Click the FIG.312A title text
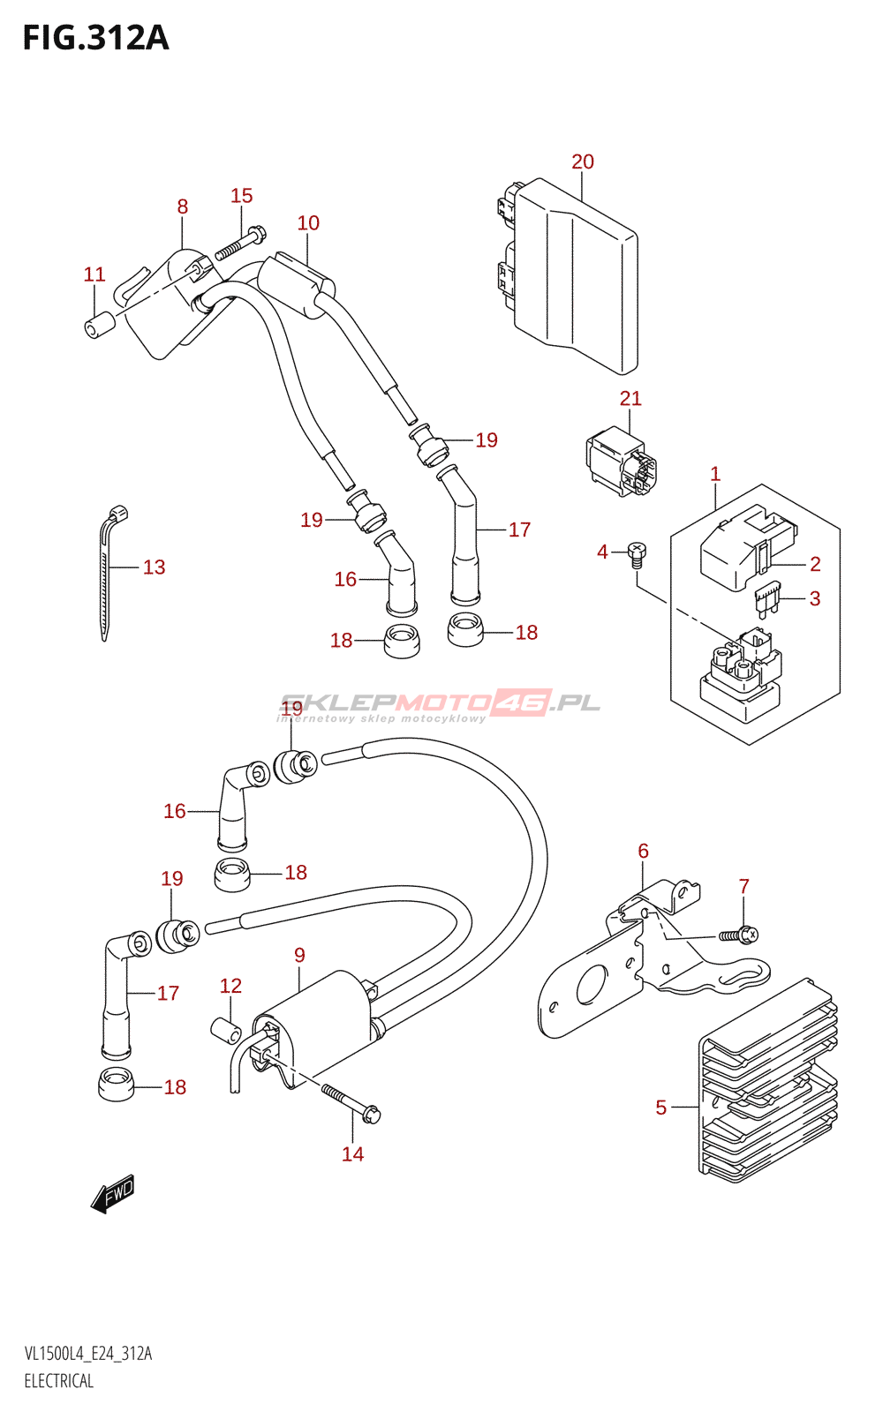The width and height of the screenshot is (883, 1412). coord(95,38)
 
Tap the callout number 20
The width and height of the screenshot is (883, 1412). coord(583,161)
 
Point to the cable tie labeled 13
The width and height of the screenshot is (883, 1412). coord(109,574)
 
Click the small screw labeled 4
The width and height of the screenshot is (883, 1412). coord(637,555)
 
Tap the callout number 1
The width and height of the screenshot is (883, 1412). coord(715,474)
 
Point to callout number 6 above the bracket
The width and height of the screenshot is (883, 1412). coord(643,851)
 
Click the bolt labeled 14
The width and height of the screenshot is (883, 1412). coord(351,1103)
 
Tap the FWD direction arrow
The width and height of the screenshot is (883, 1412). coord(113,1194)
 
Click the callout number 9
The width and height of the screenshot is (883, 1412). coord(300,955)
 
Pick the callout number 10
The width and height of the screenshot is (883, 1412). coord(308,223)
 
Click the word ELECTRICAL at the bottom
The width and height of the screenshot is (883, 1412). coord(59,1381)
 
